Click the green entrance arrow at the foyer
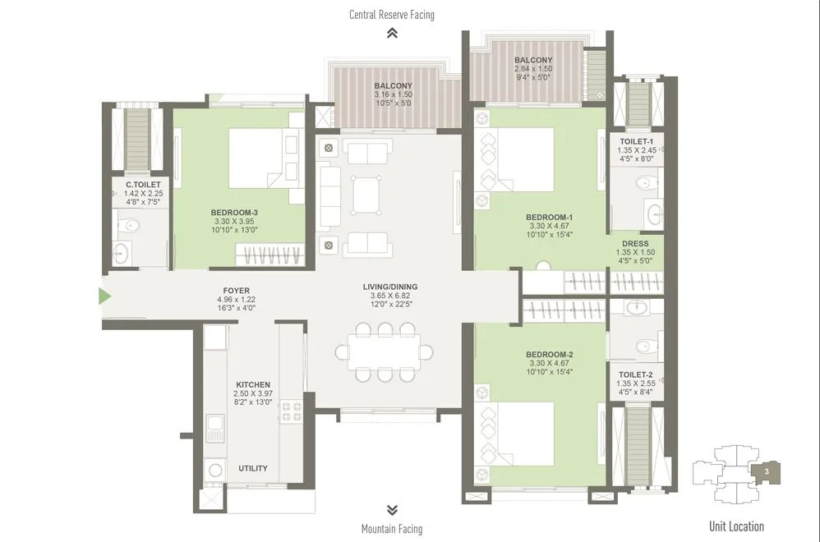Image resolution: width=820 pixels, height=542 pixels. pos(104,296)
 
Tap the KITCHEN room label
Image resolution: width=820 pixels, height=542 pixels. pos(253,384)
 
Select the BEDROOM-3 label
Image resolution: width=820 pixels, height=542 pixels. pos(235,212)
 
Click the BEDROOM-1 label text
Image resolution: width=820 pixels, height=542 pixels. pos(549,218)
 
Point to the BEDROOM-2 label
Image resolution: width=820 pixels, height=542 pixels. pos(549,354)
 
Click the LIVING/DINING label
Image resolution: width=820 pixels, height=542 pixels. pos(390,287)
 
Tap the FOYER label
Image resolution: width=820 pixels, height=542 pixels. pos(231,291)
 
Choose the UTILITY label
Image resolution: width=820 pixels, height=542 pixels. pos(253,468)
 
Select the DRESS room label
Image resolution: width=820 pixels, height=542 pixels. pos(635,244)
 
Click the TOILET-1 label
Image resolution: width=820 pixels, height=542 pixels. pos(636,141)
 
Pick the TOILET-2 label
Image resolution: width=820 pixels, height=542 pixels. pos(636,374)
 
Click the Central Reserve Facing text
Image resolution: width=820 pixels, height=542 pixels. pos(392,15)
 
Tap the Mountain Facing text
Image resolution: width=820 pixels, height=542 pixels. pos(392,529)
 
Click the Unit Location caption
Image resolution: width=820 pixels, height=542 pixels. pos(736,526)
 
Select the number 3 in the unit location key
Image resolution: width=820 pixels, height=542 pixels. pos(766,472)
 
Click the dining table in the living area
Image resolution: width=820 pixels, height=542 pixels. pos(384,351)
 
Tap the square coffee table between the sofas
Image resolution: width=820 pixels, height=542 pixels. pos(365,191)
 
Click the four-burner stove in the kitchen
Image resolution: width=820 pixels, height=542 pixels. pos(292,411)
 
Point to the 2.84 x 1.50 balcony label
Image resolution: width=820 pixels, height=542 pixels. pos(533,70)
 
